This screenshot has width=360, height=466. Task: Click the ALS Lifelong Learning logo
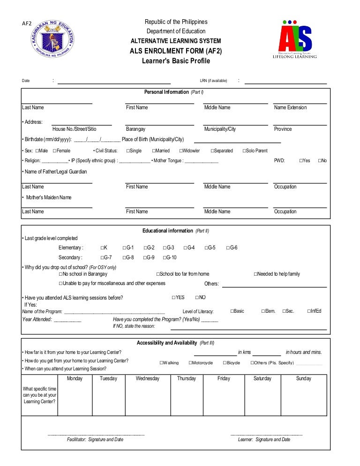point(295,40)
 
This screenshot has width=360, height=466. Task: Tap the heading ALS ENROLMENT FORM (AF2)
point(176,51)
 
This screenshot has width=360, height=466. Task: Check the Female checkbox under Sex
point(55,151)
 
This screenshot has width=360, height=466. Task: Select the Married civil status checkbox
point(154,151)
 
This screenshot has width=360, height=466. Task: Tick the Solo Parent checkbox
point(244,151)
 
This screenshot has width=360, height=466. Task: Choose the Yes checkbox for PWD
point(301,161)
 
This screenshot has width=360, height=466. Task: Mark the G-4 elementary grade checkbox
point(186,248)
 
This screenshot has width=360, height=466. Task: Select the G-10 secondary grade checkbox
point(165,257)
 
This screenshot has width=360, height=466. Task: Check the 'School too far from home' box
point(158,274)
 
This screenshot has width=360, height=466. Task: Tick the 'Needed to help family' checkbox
point(255,274)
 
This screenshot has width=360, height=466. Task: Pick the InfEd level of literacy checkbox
point(309,311)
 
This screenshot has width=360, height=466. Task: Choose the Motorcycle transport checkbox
point(191,363)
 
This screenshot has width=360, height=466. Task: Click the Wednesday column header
point(147,379)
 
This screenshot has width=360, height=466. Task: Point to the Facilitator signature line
point(96,435)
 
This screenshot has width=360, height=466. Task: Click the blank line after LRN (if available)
point(285,83)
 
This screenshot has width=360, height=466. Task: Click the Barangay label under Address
point(135,129)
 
